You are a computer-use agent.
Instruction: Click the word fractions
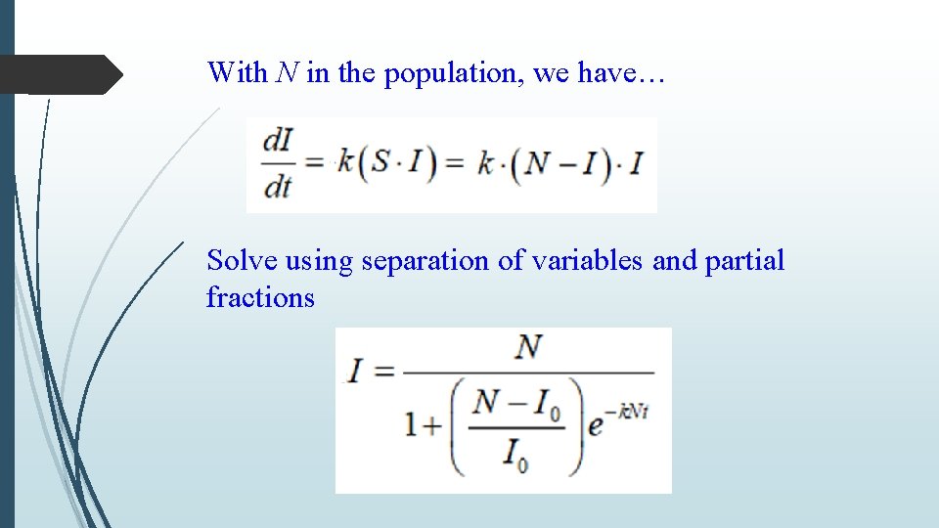point(260,297)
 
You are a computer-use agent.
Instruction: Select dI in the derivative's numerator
point(279,144)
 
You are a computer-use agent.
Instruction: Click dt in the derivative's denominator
point(279,186)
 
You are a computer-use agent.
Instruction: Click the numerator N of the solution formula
point(529,348)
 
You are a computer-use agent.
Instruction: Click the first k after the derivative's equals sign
point(345,164)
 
